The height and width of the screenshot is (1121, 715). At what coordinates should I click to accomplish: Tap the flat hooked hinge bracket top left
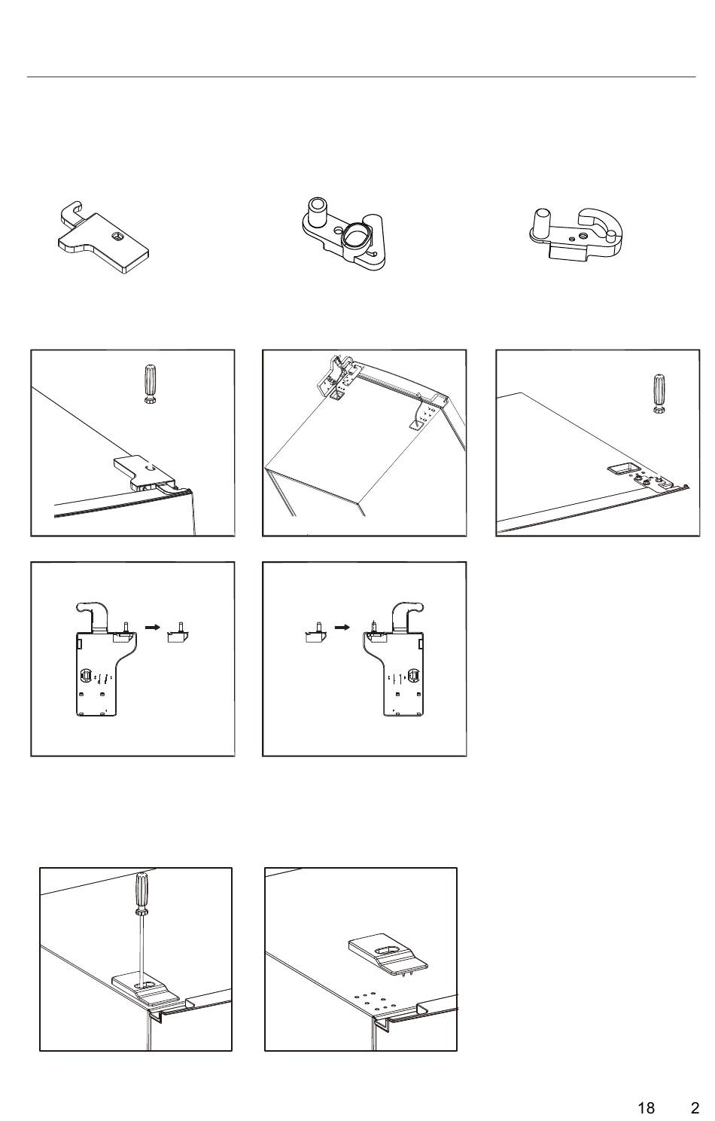point(103,237)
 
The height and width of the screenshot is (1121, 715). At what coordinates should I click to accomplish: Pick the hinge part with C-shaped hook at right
point(576,234)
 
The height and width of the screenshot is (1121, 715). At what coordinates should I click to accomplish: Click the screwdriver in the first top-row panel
point(150,384)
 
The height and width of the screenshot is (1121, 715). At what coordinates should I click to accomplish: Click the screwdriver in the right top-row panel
point(659,393)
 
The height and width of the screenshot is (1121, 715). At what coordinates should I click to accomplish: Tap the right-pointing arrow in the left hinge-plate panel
point(152,627)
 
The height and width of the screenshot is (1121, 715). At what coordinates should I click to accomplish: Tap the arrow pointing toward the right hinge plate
point(342,627)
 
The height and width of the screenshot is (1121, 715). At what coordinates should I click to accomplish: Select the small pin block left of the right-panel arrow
point(315,633)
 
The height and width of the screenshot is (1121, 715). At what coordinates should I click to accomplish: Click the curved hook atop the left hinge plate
point(93,614)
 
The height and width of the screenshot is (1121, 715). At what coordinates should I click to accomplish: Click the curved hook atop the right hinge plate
point(407,614)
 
